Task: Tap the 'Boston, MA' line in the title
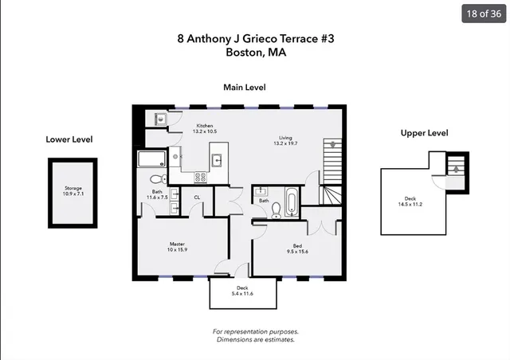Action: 255,53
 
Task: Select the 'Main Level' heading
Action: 244,88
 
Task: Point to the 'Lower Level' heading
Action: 69,139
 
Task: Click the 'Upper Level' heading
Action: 424,133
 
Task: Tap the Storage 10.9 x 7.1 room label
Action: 73,191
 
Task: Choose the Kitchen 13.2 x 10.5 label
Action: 205,129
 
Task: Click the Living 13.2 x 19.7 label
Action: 285,140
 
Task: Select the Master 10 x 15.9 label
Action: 177,247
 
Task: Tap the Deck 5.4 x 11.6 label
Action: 242,292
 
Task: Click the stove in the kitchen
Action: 201,177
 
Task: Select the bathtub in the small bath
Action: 292,202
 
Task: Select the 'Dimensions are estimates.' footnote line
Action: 255,339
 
